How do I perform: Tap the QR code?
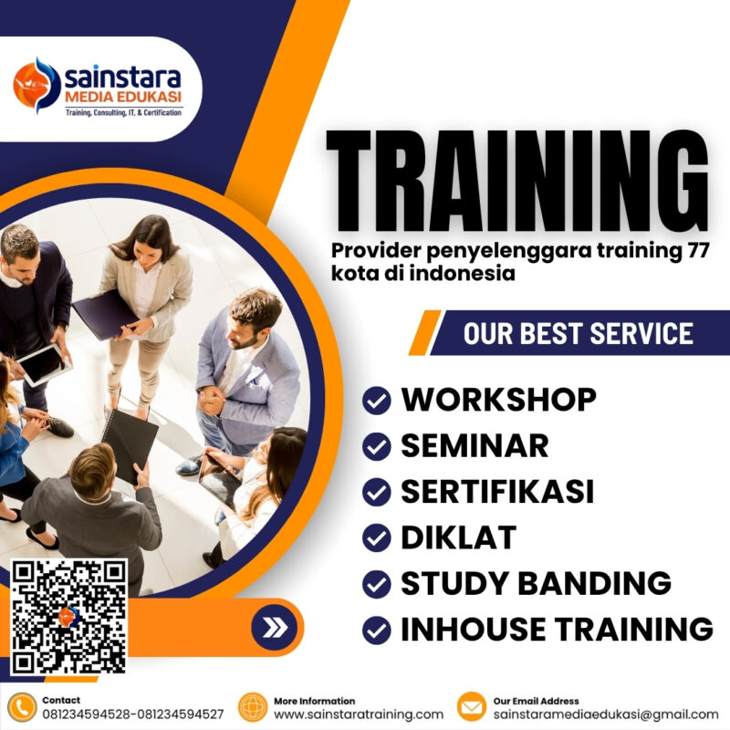click(68, 616)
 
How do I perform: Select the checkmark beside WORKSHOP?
click(376, 400)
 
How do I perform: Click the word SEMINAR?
click(474, 445)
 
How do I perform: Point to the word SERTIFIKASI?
click(497, 491)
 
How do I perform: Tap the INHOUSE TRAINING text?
click(557, 629)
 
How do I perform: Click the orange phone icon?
click(21, 706)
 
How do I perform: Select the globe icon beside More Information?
click(253, 706)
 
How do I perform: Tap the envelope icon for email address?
click(471, 706)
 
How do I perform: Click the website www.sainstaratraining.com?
click(359, 714)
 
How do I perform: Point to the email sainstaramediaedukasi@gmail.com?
click(606, 714)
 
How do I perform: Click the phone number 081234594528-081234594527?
click(132, 714)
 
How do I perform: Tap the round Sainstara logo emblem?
click(36, 85)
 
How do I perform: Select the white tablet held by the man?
click(43, 364)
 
